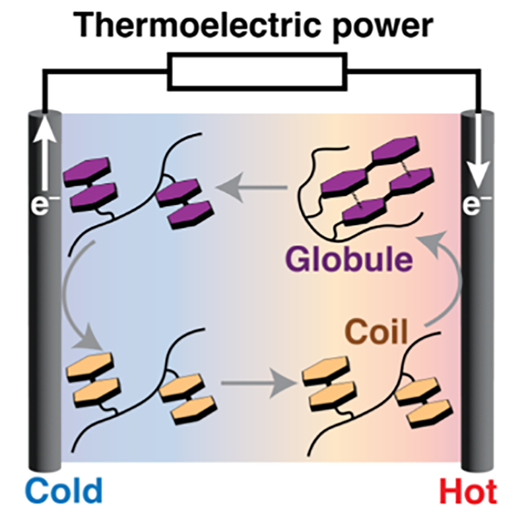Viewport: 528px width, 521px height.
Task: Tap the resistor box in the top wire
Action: point(257,71)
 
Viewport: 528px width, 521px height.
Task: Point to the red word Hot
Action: point(468,493)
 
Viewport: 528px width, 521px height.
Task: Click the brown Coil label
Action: point(377,331)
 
